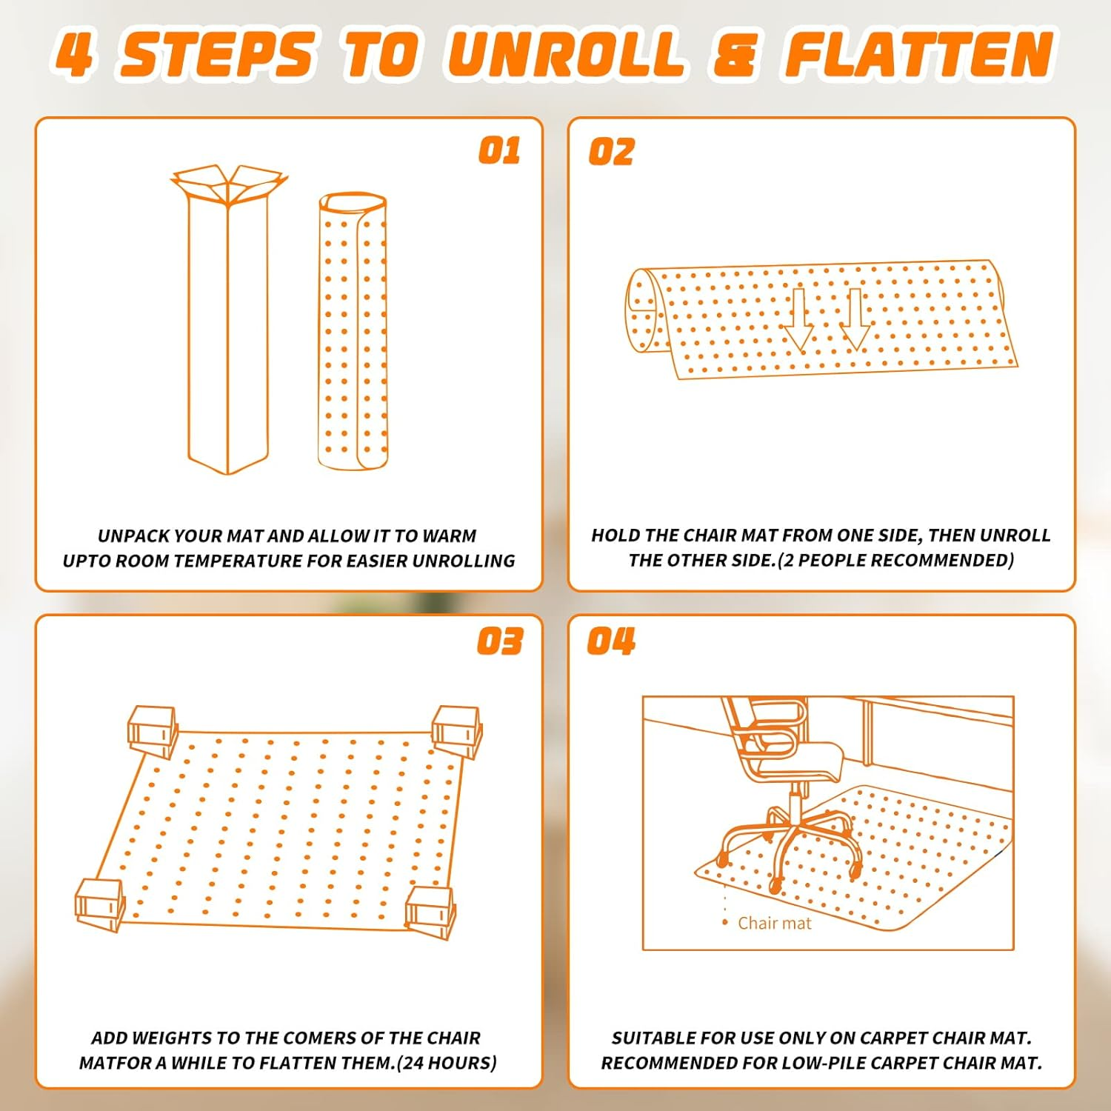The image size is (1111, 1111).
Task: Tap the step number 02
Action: [611, 152]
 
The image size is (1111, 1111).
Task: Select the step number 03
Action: [500, 641]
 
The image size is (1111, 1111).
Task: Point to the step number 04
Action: [611, 641]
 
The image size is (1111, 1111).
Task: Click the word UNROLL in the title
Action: [566, 55]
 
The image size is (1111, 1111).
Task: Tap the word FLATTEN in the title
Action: [919, 55]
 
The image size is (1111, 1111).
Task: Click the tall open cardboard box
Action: [228, 319]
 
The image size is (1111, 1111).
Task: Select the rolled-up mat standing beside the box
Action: [353, 331]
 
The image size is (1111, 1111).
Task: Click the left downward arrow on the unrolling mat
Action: [798, 319]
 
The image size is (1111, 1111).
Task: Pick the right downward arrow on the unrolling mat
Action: [855, 319]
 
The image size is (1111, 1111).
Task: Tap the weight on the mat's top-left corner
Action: [153, 731]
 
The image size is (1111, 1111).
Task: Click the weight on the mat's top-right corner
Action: [457, 732]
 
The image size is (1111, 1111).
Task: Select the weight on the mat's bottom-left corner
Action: [100, 905]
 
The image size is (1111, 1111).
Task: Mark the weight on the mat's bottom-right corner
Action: [430, 912]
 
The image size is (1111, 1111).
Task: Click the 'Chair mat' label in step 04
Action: [775, 923]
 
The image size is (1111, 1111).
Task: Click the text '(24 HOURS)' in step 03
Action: [447, 1063]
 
